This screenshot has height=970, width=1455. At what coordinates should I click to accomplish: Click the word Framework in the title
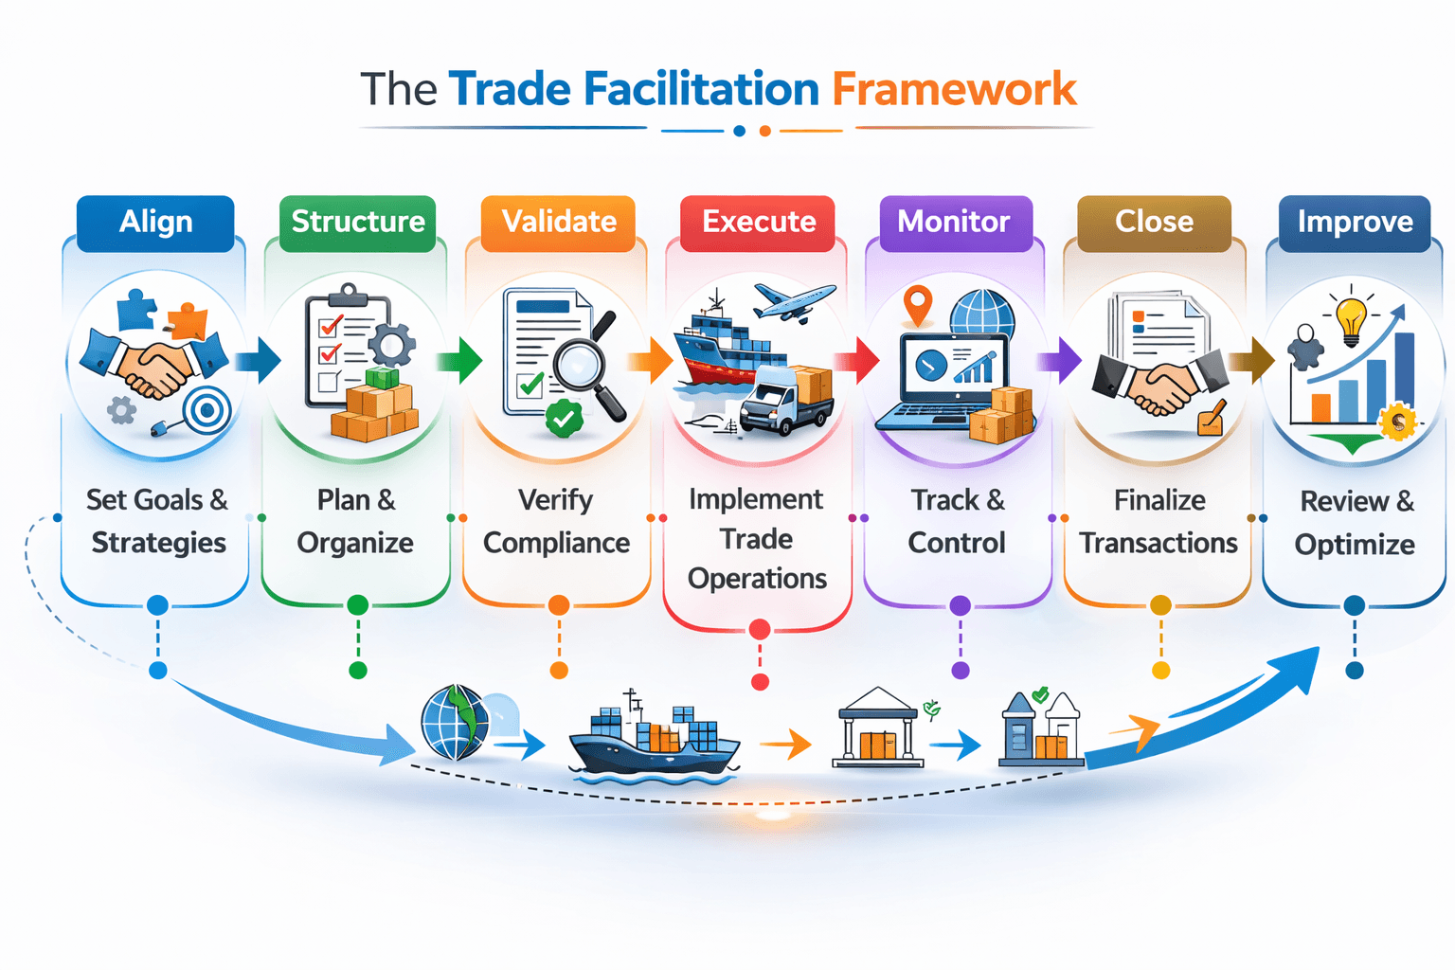954,90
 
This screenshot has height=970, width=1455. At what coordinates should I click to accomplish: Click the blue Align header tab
155,223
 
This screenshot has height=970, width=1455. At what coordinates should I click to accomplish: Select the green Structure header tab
358,223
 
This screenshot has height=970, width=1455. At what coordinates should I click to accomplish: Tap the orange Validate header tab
559,223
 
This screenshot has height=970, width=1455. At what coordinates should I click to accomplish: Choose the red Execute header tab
759,223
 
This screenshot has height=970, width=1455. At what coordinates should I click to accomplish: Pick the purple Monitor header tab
954,223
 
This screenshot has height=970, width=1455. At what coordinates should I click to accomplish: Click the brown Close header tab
1154,223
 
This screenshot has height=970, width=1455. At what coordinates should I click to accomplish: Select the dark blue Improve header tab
1355,223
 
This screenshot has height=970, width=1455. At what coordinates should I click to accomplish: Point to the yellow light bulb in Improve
1351,320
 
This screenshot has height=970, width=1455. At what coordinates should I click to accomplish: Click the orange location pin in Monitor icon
917,306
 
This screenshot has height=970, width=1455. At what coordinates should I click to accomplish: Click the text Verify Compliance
556,521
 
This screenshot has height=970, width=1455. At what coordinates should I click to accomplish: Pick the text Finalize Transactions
1159,521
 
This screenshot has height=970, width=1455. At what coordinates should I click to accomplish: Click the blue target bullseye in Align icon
207,411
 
